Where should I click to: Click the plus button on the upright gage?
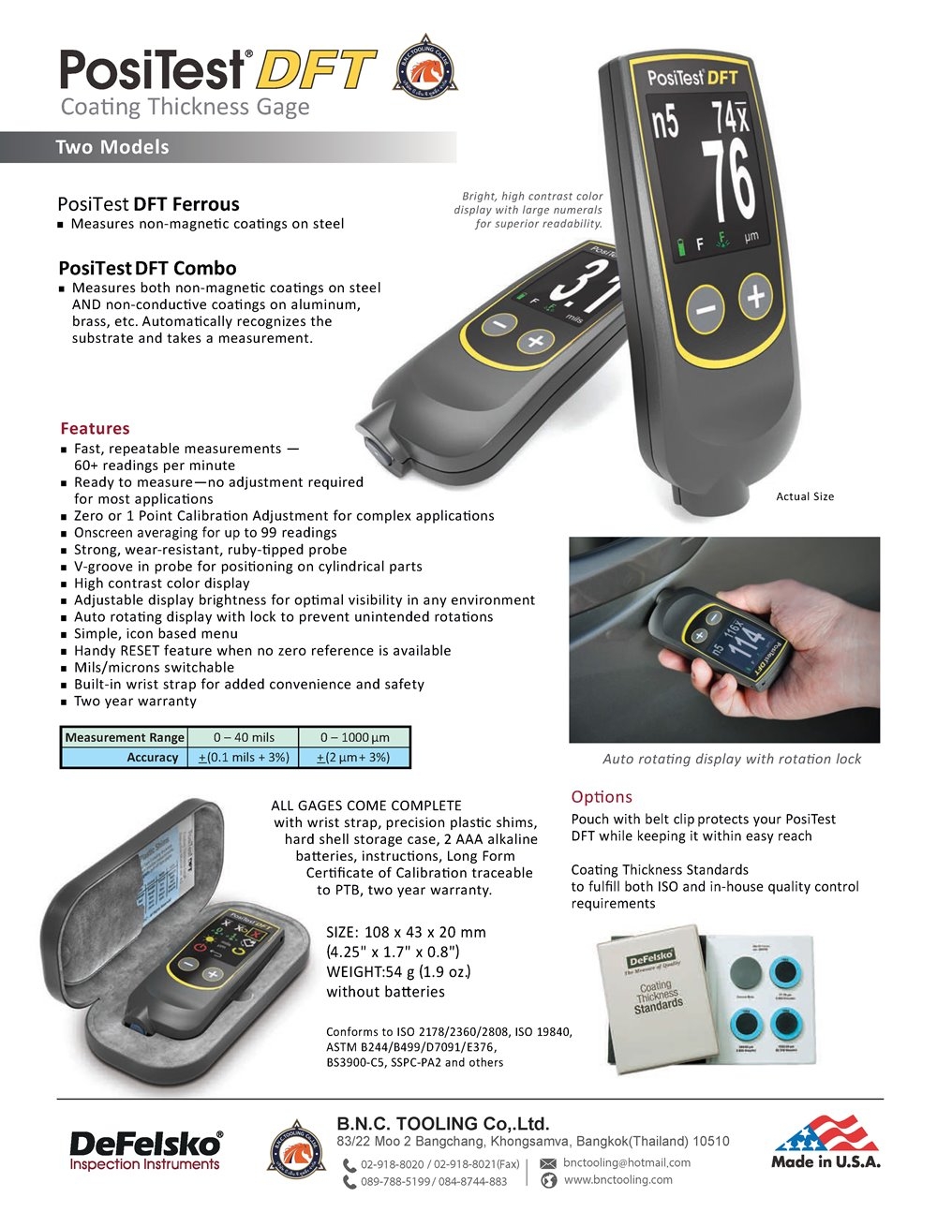pyautogui.click(x=756, y=296)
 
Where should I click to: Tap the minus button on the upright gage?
pyautogui.click(x=707, y=309)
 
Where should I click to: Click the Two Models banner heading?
pyautogui.click(x=112, y=147)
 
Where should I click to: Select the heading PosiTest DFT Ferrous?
pyautogui.click(x=148, y=204)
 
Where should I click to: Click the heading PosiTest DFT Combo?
pyautogui.click(x=147, y=268)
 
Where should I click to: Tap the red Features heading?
pyautogui.click(x=95, y=428)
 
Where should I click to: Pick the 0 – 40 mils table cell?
pyautogui.click(x=244, y=737)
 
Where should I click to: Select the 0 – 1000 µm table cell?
pyautogui.click(x=354, y=737)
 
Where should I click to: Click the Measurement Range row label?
pyautogui.click(x=125, y=737)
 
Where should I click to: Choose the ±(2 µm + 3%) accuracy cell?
pyautogui.click(x=353, y=757)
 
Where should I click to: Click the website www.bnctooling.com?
pyautogui.click(x=617, y=1179)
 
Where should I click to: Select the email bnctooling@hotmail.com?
pyautogui.click(x=627, y=1162)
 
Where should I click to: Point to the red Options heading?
pyautogui.click(x=602, y=797)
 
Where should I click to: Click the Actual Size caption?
pyautogui.click(x=805, y=496)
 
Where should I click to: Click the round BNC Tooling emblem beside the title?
pyautogui.click(x=425, y=68)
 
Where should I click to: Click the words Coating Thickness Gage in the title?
pyautogui.click(x=185, y=107)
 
